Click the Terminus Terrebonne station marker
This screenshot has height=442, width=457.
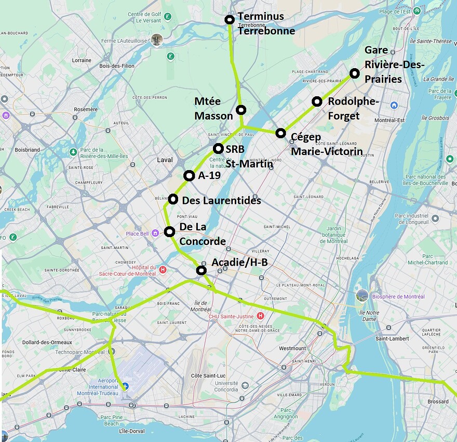pyautogui.click(x=230, y=20)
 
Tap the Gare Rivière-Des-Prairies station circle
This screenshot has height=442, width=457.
pyautogui.click(x=354, y=74)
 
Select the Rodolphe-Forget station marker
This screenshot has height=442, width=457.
pyautogui.click(x=317, y=101)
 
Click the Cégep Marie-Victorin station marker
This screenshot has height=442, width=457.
pyautogui.click(x=280, y=133)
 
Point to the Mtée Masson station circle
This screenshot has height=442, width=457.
pyautogui.click(x=241, y=110)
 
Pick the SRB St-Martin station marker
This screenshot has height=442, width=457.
pyautogui.click(x=218, y=149)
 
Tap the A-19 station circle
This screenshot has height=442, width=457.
pyautogui.click(x=189, y=176)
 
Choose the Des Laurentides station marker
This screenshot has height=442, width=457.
pyautogui.click(x=173, y=199)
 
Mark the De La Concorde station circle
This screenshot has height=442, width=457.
pyautogui.click(x=169, y=232)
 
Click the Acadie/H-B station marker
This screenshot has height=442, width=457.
pyautogui.click(x=201, y=270)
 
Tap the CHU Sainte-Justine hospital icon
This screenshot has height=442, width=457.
pyautogui.click(x=261, y=316)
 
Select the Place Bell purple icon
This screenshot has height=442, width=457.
pyautogui.click(x=155, y=233)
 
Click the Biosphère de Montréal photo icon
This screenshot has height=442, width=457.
pyautogui.click(x=362, y=296)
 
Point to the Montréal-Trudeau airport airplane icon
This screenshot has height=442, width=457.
pyautogui.click(x=124, y=386)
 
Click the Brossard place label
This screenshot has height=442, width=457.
pyautogui.click(x=438, y=401)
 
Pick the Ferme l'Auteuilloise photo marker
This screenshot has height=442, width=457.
pyautogui.click(x=157, y=40)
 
